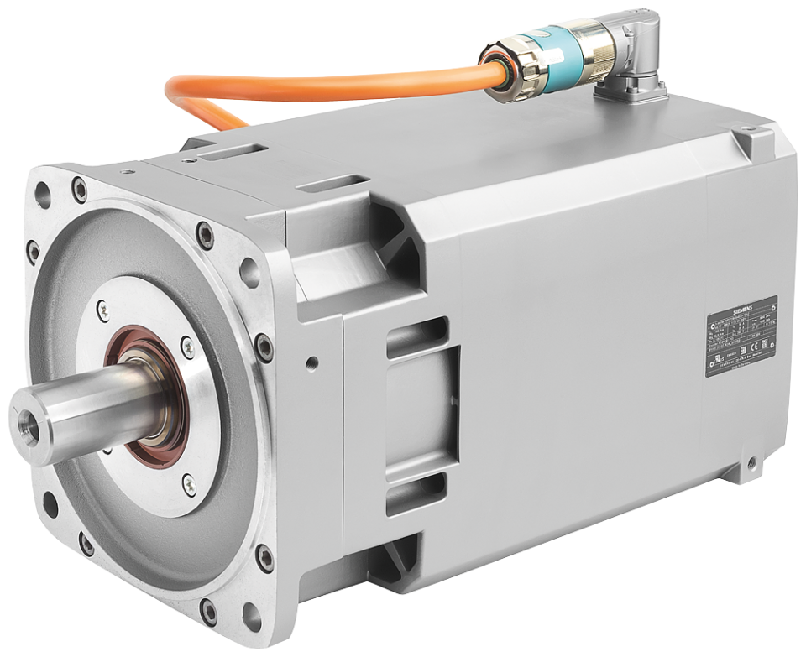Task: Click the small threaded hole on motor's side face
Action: tap(313, 364)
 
